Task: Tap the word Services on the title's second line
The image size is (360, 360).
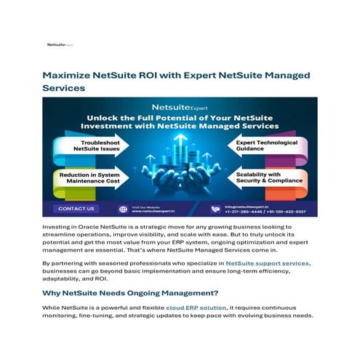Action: point(63,88)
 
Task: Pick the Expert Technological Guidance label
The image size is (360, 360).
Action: point(265,146)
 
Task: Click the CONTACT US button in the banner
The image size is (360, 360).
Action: point(76,209)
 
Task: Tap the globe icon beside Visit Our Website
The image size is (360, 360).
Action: point(122,209)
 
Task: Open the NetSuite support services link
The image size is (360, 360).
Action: point(268,263)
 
